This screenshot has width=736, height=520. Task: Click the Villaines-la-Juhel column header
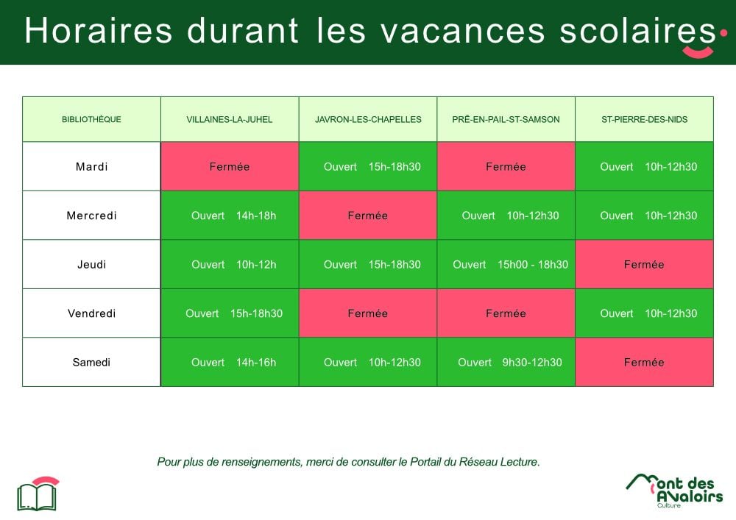(230, 119)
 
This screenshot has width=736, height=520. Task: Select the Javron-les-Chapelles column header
(368, 119)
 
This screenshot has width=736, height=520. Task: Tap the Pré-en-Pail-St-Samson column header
(506, 119)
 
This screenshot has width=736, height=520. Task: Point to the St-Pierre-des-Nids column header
(645, 119)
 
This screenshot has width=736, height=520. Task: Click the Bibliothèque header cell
(91, 119)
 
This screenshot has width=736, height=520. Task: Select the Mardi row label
(91, 166)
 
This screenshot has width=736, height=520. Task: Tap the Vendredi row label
(91, 313)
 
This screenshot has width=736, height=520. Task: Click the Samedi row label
(91, 362)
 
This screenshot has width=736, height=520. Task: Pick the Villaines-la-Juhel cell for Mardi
(230, 166)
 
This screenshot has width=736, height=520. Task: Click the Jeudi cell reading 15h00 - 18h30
(506, 265)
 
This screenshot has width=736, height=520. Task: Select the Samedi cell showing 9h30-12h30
(506, 362)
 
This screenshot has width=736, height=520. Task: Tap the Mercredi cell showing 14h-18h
(230, 216)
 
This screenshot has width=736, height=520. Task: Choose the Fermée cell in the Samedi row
(645, 362)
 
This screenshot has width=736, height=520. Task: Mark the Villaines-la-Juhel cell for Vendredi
(230, 313)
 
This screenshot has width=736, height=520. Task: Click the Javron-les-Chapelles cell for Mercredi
(368, 216)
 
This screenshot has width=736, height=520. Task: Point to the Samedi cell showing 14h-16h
(230, 362)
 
